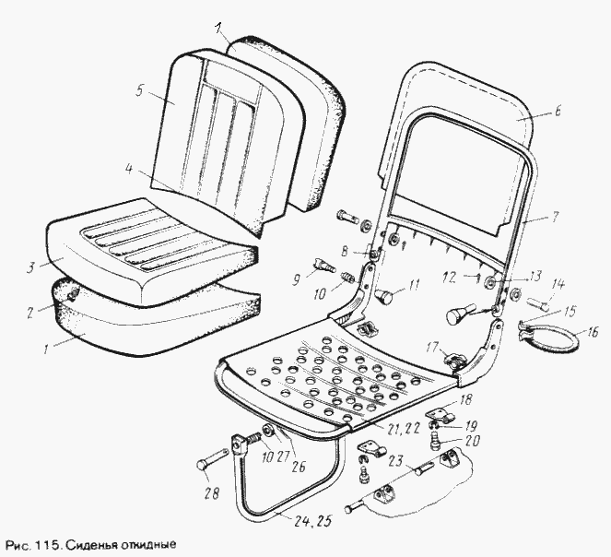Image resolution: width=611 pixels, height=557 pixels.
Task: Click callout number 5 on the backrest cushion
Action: (x=141, y=91)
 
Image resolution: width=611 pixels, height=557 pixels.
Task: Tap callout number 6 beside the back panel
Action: (x=558, y=111)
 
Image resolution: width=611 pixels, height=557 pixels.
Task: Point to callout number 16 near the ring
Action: (x=593, y=334)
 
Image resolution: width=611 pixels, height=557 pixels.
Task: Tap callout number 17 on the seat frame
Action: (x=432, y=347)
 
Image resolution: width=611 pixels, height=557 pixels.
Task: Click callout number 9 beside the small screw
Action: (x=297, y=279)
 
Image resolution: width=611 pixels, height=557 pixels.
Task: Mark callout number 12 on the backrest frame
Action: (x=449, y=278)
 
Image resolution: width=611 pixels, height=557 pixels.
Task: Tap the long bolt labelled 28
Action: (x=213, y=459)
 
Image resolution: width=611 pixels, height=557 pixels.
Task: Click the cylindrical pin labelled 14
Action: (x=538, y=303)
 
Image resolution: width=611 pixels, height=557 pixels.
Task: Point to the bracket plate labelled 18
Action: (x=440, y=413)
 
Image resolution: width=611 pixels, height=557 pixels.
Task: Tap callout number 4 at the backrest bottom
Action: (x=129, y=170)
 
